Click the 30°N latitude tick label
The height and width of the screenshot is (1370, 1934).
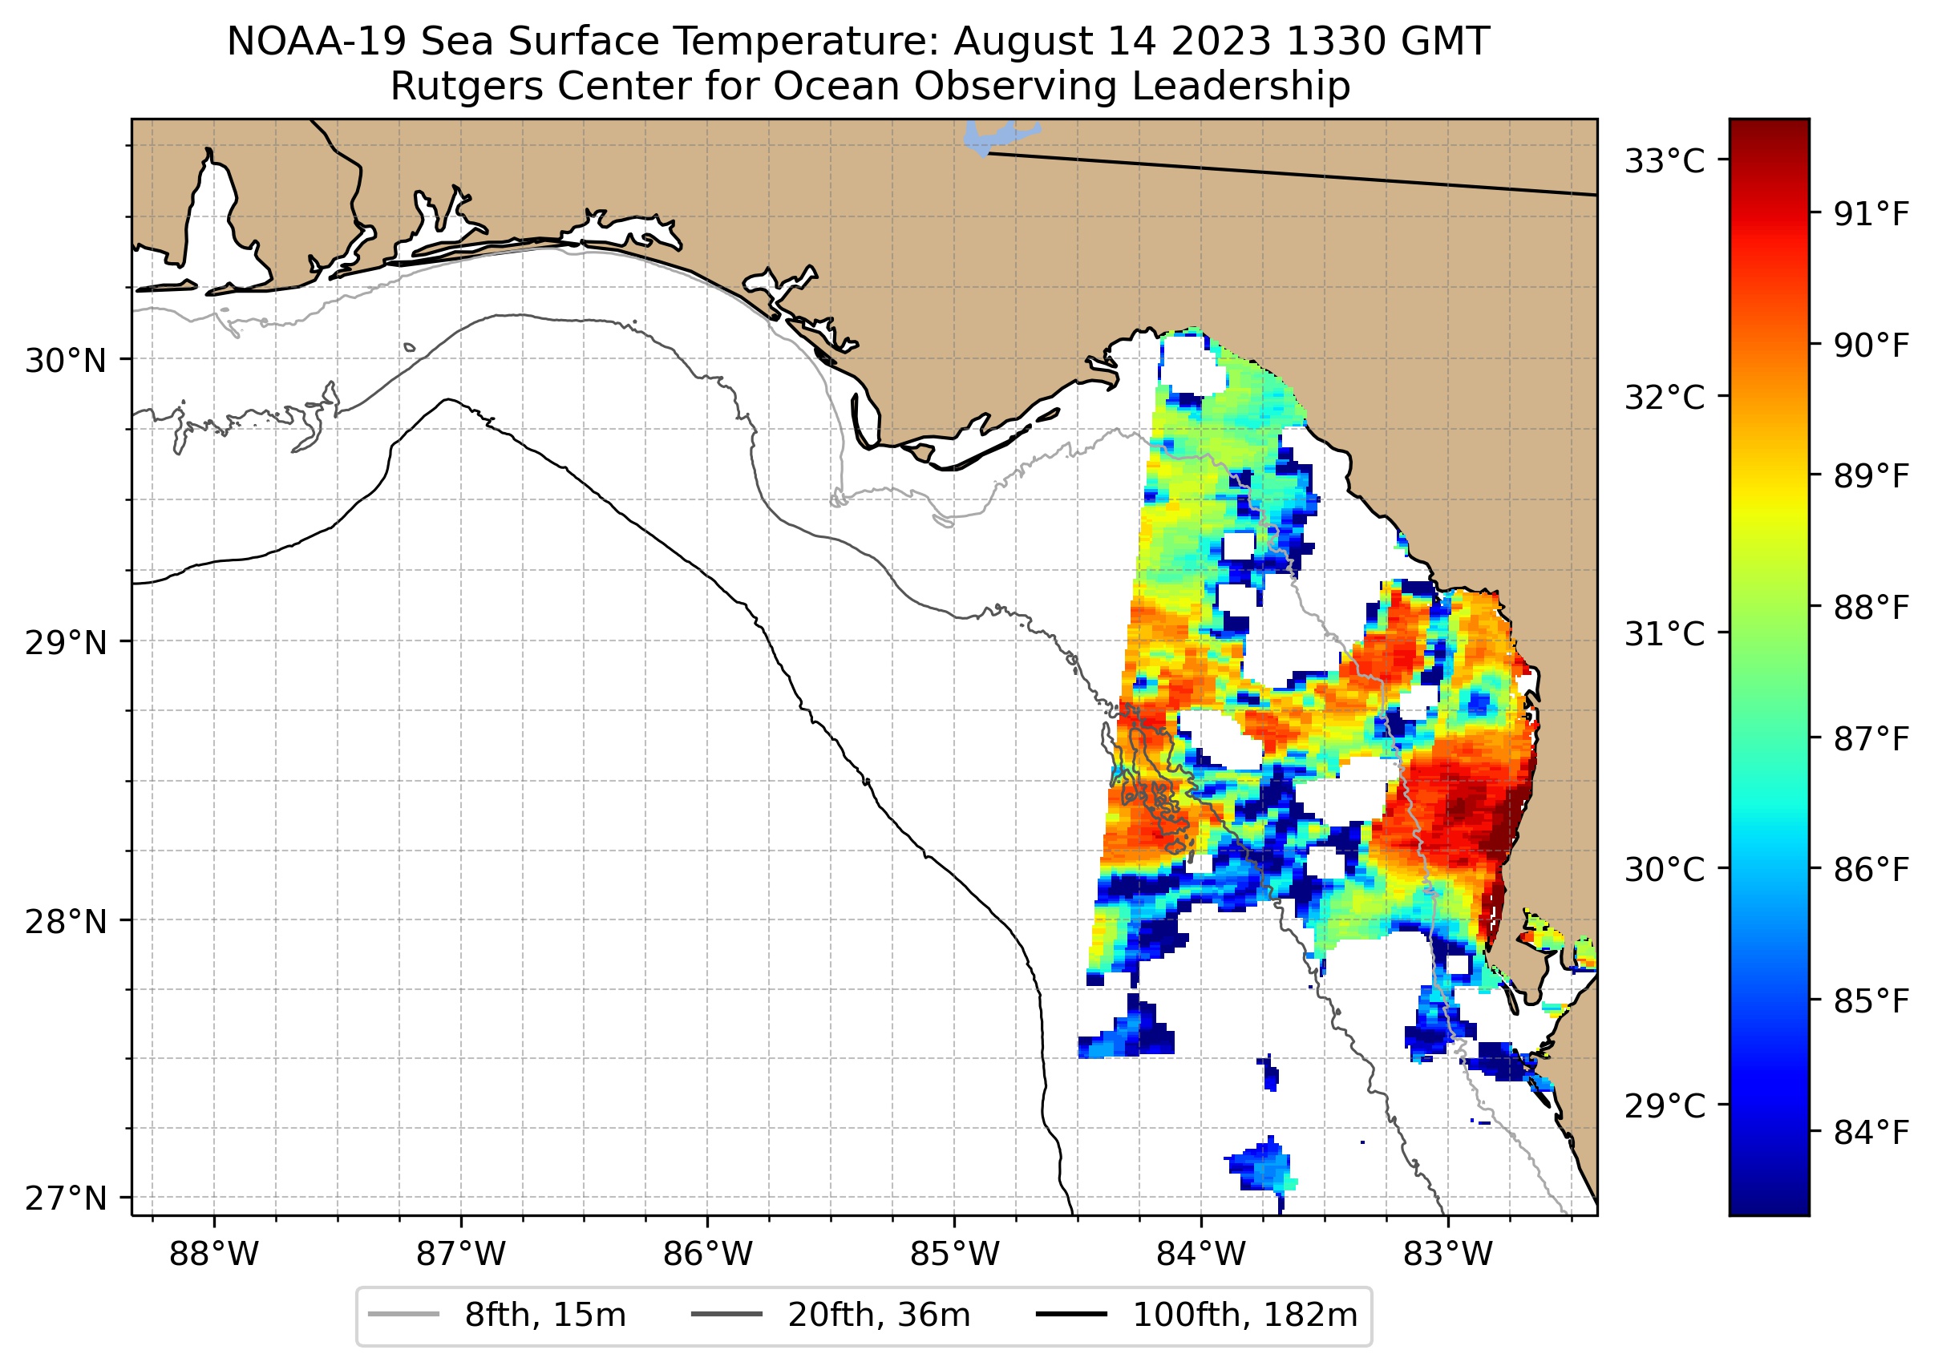point(66,361)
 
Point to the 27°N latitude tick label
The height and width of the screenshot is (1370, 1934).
point(66,1198)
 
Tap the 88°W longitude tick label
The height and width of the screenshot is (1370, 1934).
point(213,1255)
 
